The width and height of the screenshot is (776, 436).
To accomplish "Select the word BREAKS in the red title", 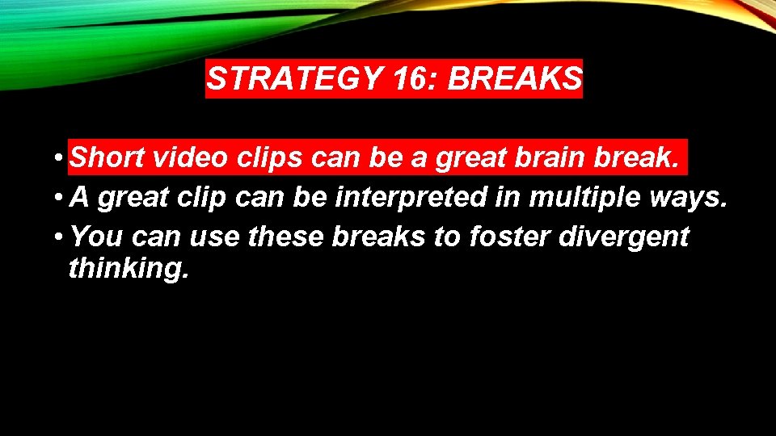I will click(x=514, y=79).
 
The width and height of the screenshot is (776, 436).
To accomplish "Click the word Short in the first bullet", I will click(x=108, y=157).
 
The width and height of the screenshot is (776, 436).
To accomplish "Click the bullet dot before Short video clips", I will click(x=60, y=159).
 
